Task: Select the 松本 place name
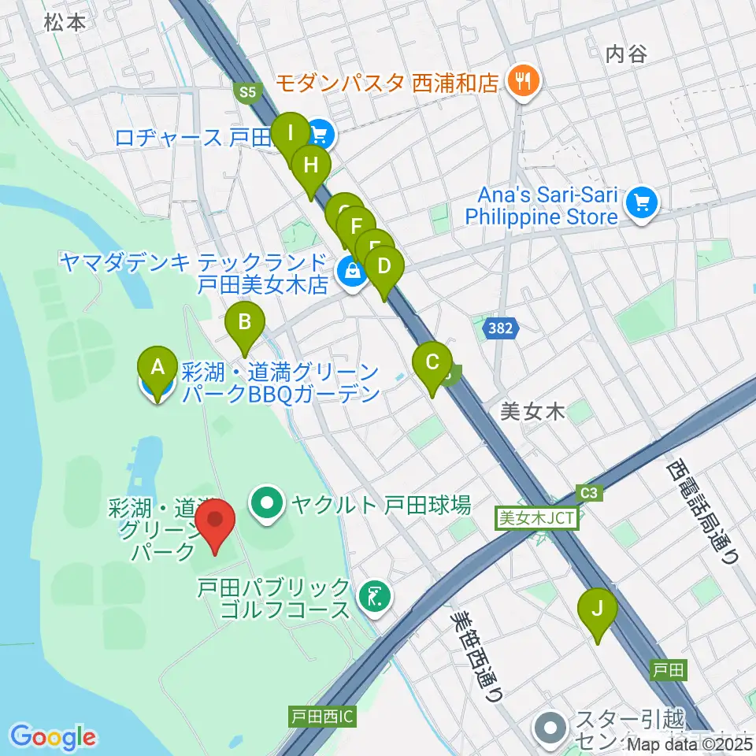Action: point(65,23)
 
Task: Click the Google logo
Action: point(54,737)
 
